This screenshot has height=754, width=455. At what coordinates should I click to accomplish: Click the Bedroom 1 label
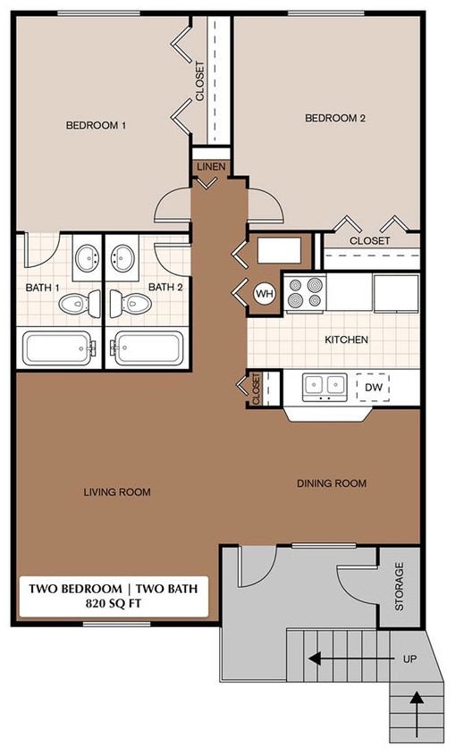click(x=97, y=126)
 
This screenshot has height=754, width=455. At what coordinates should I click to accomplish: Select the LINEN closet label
click(x=211, y=167)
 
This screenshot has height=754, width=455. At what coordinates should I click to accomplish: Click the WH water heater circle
click(x=265, y=293)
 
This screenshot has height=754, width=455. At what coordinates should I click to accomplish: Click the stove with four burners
click(x=305, y=293)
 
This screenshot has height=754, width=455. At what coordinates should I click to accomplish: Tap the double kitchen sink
click(x=324, y=385)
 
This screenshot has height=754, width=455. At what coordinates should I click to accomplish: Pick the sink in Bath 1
click(x=87, y=259)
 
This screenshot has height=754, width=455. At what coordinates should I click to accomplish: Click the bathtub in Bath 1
click(x=57, y=348)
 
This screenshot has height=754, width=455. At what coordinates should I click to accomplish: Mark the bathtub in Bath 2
click(x=148, y=348)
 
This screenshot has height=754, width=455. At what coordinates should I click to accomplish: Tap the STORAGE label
click(x=399, y=586)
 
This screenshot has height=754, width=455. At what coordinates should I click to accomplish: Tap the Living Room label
click(x=117, y=492)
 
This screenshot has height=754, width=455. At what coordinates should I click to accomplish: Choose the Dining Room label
click(x=332, y=483)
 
